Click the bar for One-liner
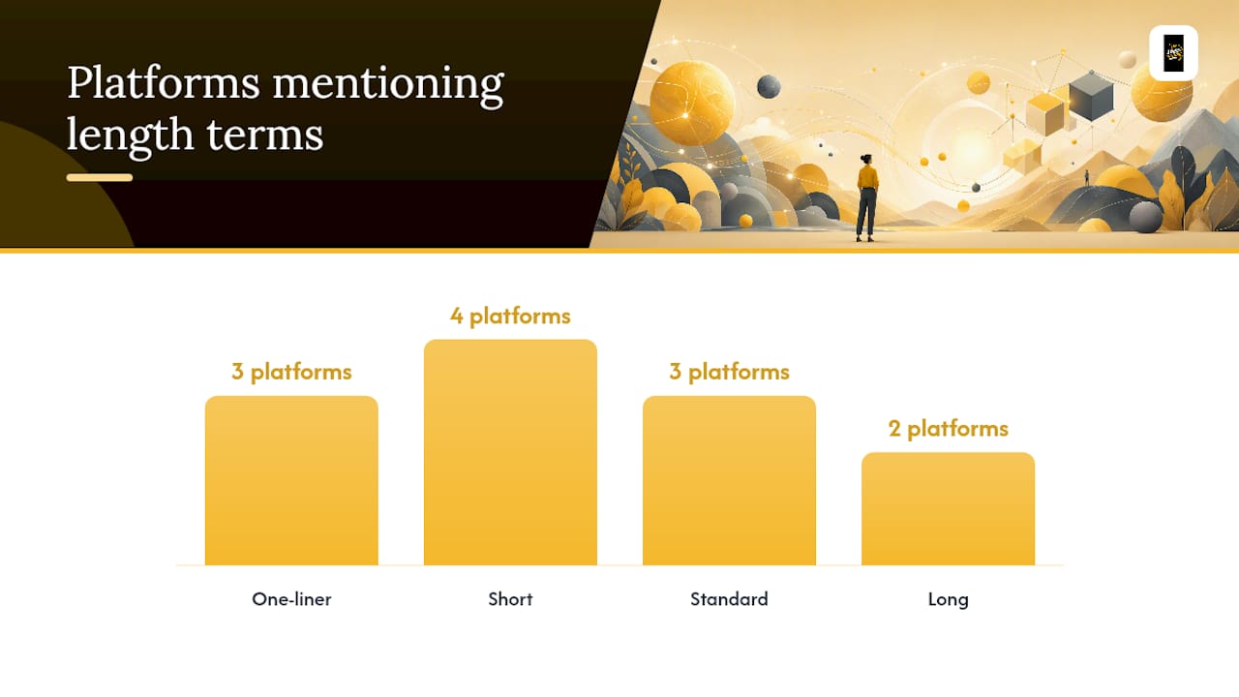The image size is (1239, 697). click(291, 480)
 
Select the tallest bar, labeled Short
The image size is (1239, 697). click(510, 452)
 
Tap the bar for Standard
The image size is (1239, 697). click(729, 480)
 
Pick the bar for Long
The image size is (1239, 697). click(948, 508)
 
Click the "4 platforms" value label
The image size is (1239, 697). click(510, 317)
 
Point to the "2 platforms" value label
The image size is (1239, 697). click(948, 429)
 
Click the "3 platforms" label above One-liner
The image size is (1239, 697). click(291, 372)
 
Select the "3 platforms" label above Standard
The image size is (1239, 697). click(729, 372)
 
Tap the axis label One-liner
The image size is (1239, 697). click(291, 599)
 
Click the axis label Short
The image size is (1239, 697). click(510, 599)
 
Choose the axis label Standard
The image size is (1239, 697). click(729, 599)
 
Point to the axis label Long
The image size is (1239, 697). click(948, 599)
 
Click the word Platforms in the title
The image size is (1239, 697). click(164, 82)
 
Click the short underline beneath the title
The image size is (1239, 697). click(100, 177)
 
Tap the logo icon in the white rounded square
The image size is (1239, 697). click(1173, 53)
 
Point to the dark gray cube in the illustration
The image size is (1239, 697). click(1091, 96)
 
